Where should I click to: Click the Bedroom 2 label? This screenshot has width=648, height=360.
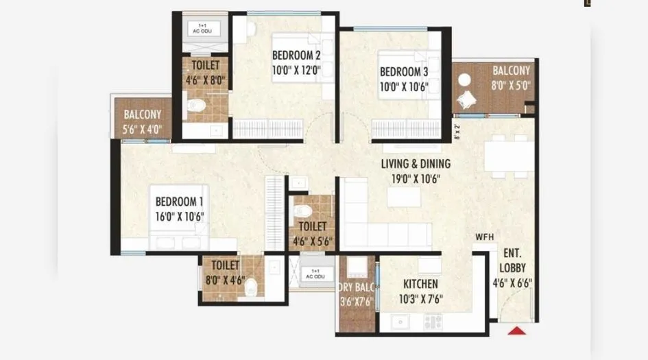point(296,55)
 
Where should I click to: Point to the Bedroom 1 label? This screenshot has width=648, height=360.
point(179,202)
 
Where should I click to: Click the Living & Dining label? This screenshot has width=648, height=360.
point(416,164)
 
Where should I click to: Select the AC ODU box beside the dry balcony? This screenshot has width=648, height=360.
point(314,273)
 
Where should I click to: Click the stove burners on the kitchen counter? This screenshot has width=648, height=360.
point(433,321)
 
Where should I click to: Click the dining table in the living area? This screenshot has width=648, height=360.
point(509,156)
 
